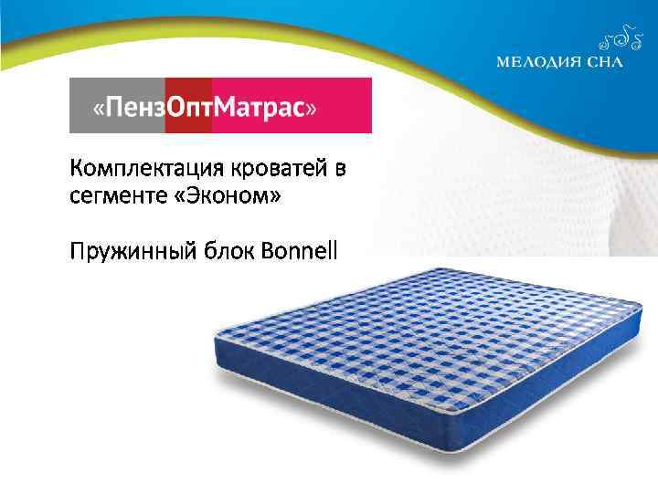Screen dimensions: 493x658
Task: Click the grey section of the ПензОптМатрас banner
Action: point(117,105)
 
